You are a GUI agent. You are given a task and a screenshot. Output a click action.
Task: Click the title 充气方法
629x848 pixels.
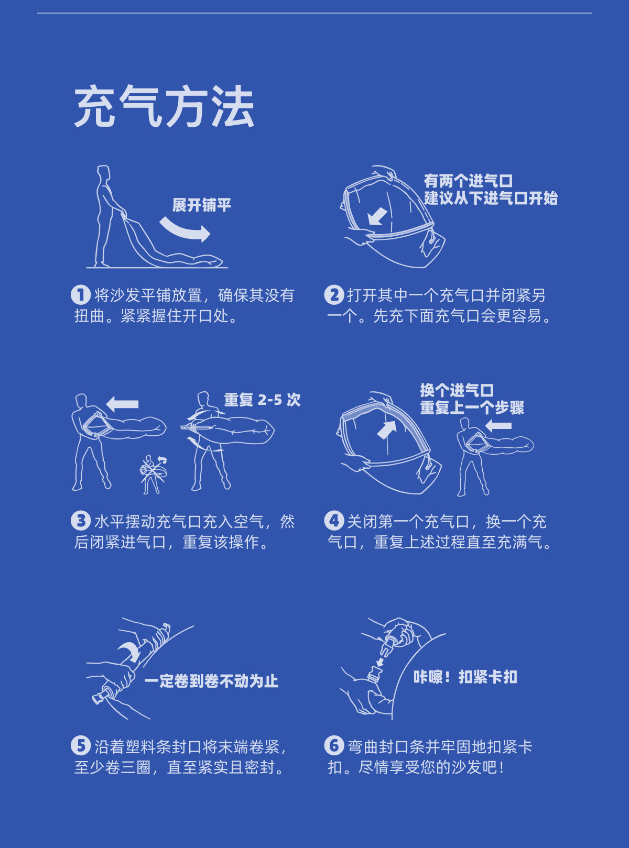pyautogui.click(x=164, y=107)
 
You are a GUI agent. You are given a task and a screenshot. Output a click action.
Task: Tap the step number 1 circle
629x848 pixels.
pyautogui.click(x=81, y=295)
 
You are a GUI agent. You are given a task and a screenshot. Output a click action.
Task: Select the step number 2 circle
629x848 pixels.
pyautogui.click(x=334, y=295)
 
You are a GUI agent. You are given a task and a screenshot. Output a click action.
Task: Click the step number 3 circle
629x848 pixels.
pyautogui.click(x=81, y=521)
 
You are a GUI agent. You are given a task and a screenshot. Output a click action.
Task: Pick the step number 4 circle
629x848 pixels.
pyautogui.click(x=334, y=521)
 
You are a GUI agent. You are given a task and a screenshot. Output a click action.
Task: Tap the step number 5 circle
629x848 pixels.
pyautogui.click(x=81, y=745)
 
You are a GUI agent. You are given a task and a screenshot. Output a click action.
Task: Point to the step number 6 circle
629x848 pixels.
pyautogui.click(x=334, y=745)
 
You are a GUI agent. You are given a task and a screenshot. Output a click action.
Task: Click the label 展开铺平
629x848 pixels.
pyautogui.click(x=202, y=205)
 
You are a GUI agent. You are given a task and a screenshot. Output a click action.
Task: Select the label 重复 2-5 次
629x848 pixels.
pyautogui.click(x=262, y=400)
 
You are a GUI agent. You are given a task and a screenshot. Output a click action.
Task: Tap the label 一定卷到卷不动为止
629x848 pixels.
pyautogui.click(x=211, y=681)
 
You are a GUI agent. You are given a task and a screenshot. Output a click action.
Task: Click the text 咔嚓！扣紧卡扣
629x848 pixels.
pyautogui.click(x=465, y=677)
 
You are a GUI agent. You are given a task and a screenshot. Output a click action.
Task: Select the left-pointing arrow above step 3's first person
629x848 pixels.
pyautogui.click(x=123, y=404)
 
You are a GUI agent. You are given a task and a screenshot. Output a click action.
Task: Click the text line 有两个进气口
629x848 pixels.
pyautogui.click(x=468, y=181)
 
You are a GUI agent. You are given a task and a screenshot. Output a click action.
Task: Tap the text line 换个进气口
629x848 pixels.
pyautogui.click(x=457, y=390)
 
